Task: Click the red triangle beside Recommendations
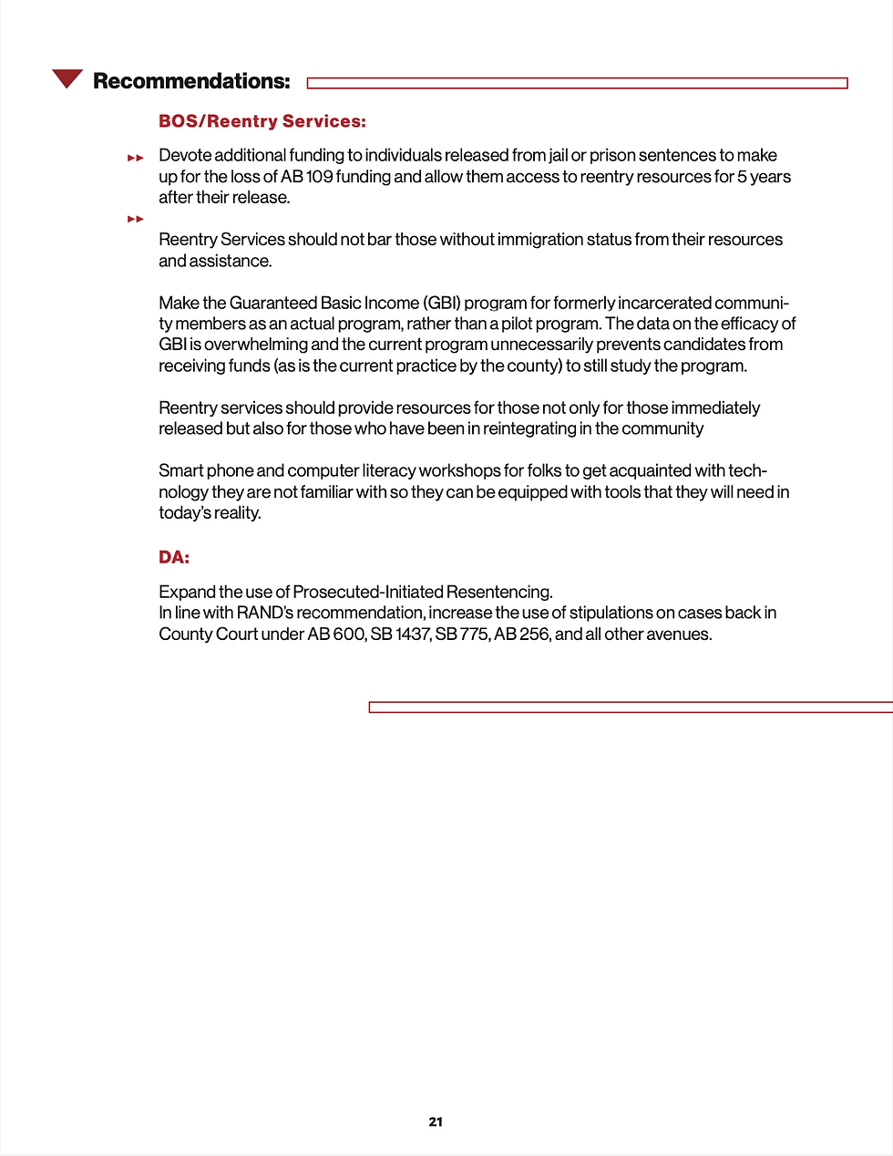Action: tap(67, 78)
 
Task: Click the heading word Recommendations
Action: tap(191, 81)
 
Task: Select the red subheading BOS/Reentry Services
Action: tap(262, 121)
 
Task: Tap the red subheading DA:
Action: tap(174, 557)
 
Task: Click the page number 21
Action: tap(436, 1121)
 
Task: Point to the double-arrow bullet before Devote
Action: tap(136, 158)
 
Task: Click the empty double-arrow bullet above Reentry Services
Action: tap(136, 219)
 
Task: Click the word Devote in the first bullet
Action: tap(185, 155)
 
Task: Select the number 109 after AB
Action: tap(320, 176)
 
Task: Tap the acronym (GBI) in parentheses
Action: tap(441, 303)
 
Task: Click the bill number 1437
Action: tap(412, 634)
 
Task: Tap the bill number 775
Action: tap(474, 634)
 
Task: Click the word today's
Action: tap(185, 512)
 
